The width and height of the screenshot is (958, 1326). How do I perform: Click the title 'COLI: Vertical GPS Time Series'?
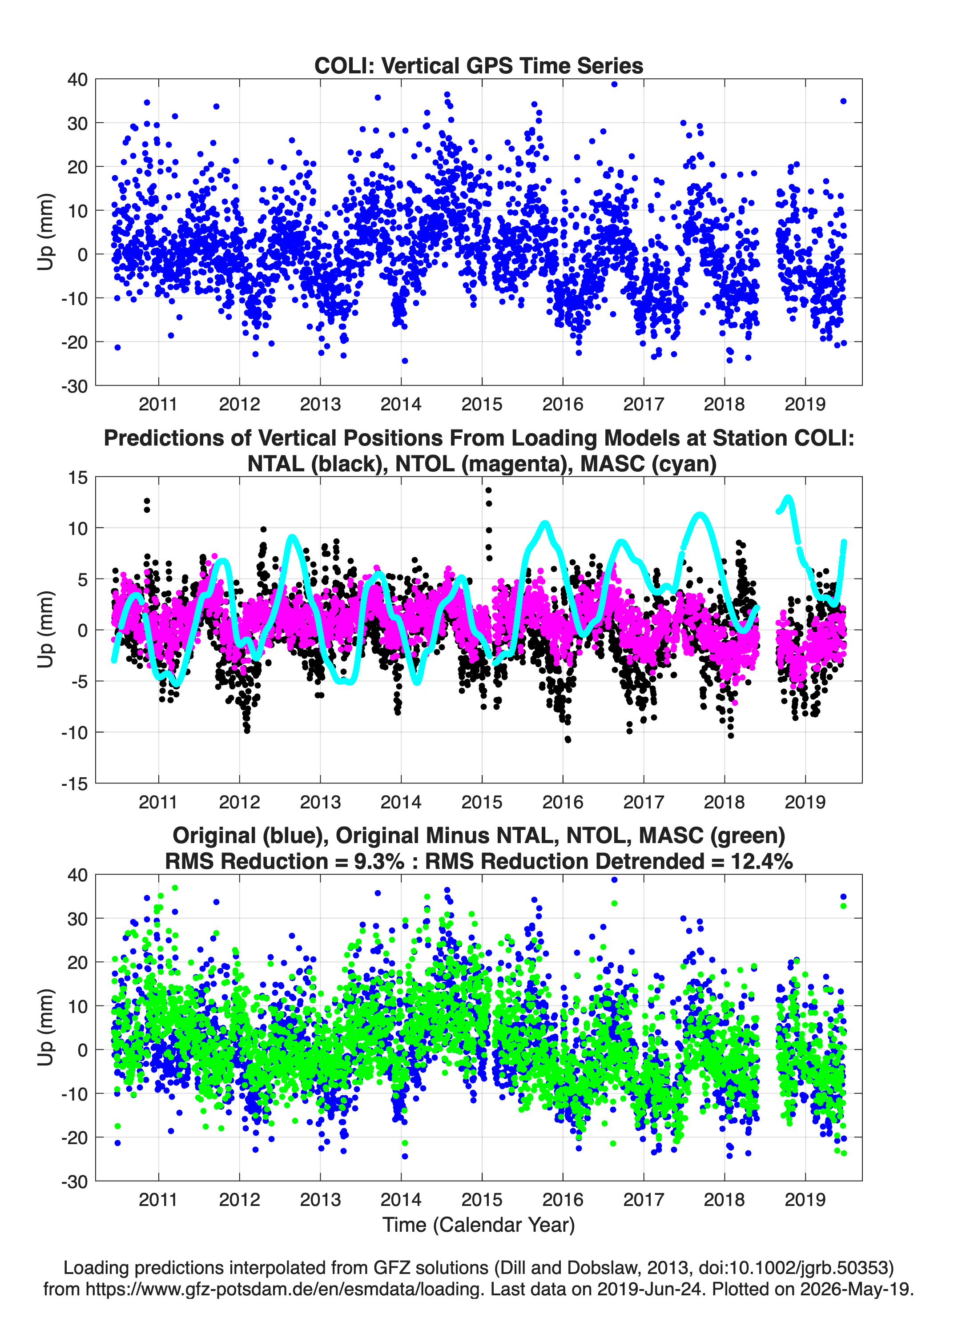479,65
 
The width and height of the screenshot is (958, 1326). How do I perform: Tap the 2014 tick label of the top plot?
401,404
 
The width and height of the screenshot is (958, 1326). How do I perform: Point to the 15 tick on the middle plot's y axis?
78,477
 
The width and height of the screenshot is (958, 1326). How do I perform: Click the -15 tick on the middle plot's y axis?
74,784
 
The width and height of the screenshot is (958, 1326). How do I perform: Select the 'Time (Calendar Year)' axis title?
479,1224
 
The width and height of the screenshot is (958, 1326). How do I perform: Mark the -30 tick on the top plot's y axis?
74,386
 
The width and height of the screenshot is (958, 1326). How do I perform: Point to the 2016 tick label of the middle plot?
563,802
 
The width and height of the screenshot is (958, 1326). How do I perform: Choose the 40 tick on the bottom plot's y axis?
78,875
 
